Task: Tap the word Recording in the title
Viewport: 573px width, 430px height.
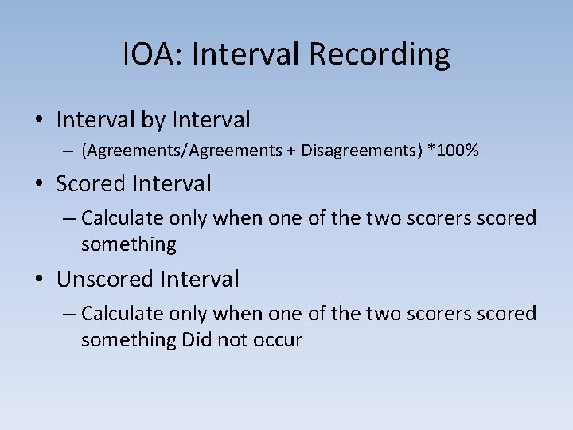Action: (x=379, y=54)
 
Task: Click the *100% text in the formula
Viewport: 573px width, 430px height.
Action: (x=453, y=151)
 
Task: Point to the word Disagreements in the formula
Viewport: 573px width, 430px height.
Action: (x=359, y=151)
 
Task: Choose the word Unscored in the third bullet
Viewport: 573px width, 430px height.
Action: (x=105, y=279)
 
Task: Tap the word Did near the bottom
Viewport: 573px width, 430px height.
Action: (x=196, y=339)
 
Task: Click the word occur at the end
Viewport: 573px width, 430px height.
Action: (x=278, y=340)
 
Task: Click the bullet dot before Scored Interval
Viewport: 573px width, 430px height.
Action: (x=39, y=185)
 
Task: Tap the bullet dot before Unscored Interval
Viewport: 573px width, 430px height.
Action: (x=39, y=279)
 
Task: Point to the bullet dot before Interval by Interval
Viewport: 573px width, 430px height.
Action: (x=39, y=121)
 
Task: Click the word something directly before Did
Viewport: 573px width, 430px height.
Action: (x=128, y=340)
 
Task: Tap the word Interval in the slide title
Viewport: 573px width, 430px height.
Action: (x=247, y=54)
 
